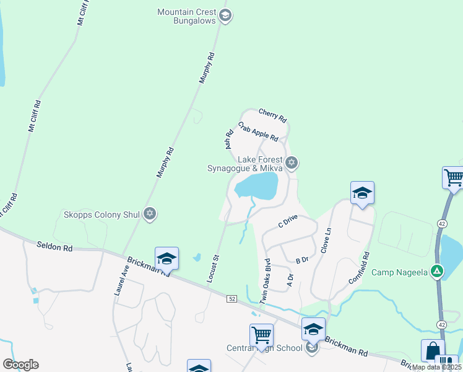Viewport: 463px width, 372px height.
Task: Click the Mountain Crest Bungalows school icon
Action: [x=225, y=17]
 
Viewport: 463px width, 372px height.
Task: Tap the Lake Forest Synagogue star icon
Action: [x=292, y=163]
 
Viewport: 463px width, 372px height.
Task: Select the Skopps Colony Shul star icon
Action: [x=149, y=215]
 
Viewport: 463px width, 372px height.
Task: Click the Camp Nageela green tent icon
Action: [x=437, y=272]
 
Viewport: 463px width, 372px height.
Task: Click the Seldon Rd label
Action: [x=54, y=247]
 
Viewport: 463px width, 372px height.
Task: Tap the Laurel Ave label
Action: [x=121, y=280]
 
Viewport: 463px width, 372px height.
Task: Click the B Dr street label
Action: [x=301, y=261]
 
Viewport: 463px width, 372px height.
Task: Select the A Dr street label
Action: [x=289, y=280]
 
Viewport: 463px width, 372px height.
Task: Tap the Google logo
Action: [x=20, y=365]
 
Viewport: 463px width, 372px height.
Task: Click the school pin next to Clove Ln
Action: [x=362, y=193]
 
